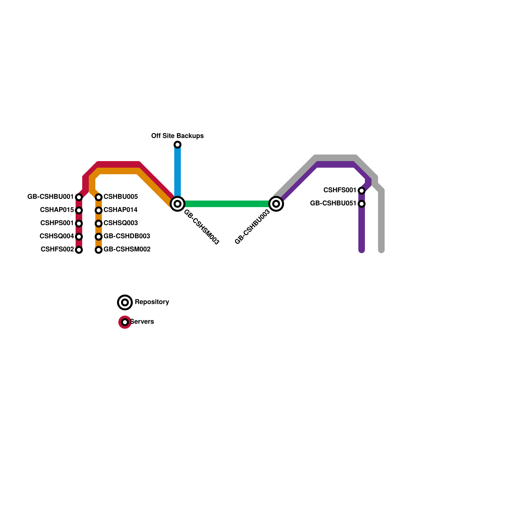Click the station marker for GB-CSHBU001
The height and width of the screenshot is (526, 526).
pyautogui.click(x=79, y=197)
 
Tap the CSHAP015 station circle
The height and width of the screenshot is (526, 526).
pyautogui.click(x=79, y=210)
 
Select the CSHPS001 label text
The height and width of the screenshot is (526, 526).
pyautogui.click(x=57, y=223)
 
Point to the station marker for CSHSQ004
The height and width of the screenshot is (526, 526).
pyautogui.click(x=79, y=237)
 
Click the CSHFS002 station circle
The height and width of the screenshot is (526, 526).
pyautogui.click(x=79, y=250)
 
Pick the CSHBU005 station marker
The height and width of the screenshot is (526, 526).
pyautogui.click(x=99, y=197)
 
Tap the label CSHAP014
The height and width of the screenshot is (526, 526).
pyautogui.click(x=120, y=210)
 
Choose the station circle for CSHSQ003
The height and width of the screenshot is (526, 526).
pyautogui.click(x=99, y=224)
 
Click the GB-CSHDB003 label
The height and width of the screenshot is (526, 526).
pyautogui.click(x=127, y=236)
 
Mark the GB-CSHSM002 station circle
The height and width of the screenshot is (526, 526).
pyautogui.click(x=99, y=250)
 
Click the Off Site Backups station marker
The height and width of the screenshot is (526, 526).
pyautogui.click(x=178, y=145)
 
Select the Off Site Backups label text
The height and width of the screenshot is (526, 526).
pyautogui.click(x=177, y=136)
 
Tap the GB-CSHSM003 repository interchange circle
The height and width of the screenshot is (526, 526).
pyautogui.click(x=178, y=204)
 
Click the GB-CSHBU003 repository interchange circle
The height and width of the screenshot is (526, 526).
pyautogui.click(x=276, y=204)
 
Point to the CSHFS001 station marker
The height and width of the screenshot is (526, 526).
pyautogui.click(x=362, y=191)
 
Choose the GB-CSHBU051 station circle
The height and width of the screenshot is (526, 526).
pyautogui.click(x=362, y=204)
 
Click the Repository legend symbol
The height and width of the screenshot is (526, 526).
pyautogui.click(x=125, y=302)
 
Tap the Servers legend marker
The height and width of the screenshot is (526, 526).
pyautogui.click(x=125, y=322)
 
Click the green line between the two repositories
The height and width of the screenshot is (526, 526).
pyautogui.click(x=227, y=204)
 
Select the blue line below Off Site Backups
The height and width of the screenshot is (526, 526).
pyautogui.click(x=178, y=171)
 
